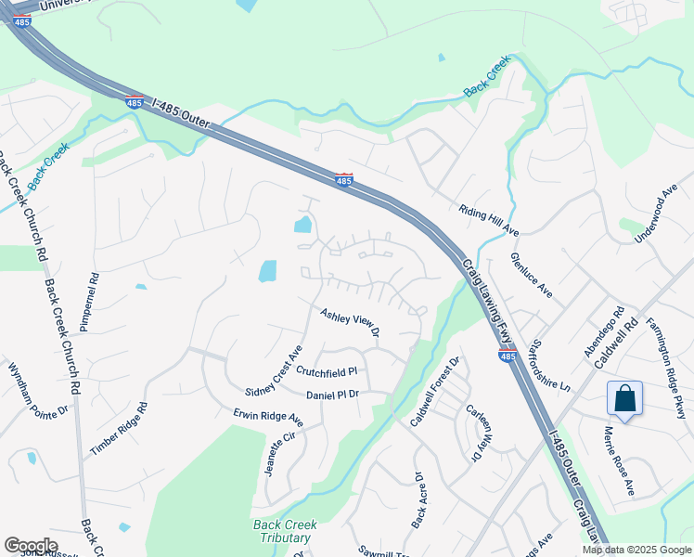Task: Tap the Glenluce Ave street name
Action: coord(532,276)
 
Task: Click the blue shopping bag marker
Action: coord(626,399)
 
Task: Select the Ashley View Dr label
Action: coord(350,324)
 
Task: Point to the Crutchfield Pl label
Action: coord(327,371)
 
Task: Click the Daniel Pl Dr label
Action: coord(332,395)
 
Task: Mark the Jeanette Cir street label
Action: coord(280,452)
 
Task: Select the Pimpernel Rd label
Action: coord(94,303)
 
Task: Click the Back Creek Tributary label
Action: coord(285,531)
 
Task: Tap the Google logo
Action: coord(32,546)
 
